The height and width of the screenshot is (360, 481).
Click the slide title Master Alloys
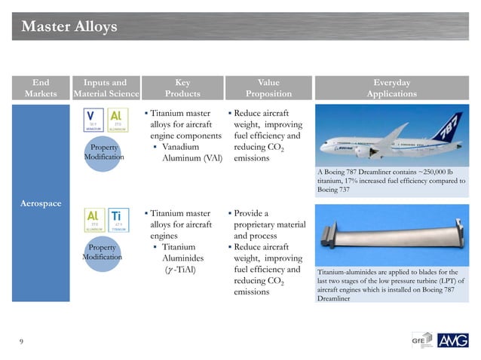69,27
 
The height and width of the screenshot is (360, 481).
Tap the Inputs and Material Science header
106,88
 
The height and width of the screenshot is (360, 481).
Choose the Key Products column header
182,88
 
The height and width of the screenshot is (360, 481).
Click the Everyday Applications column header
391,88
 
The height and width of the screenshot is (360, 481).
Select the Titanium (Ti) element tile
118,218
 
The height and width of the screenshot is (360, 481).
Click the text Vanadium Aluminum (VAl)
191,153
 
